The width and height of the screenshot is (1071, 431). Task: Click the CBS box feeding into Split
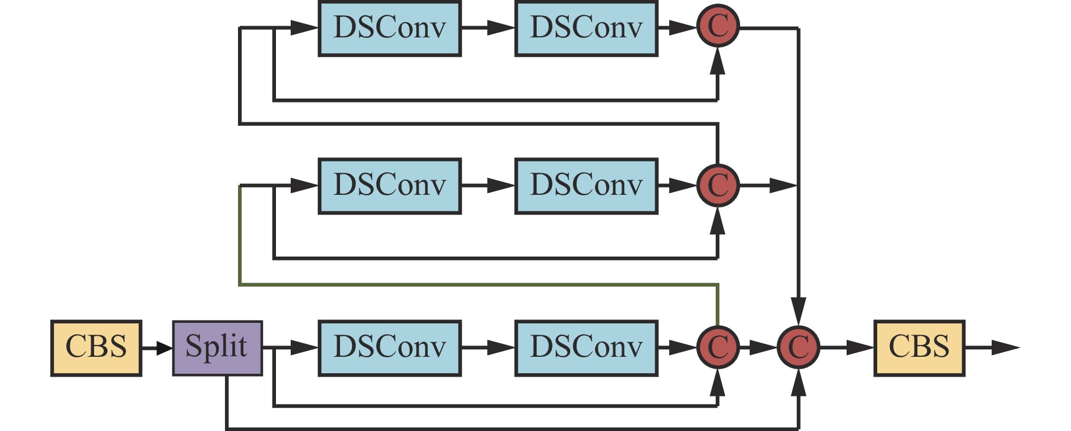tap(96, 348)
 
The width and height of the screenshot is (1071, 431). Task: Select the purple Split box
tap(217, 348)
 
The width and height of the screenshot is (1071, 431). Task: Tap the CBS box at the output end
tap(919, 348)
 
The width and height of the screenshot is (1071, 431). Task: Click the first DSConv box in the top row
tap(390, 28)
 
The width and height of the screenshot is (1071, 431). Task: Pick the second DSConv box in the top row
tap(586, 28)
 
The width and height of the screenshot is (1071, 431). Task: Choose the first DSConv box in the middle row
tap(390, 186)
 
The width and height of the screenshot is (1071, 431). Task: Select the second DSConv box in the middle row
tap(586, 186)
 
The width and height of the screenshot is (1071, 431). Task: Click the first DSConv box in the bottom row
tap(390, 348)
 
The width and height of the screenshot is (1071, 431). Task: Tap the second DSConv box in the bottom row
tap(586, 348)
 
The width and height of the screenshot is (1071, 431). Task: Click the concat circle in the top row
tap(718, 27)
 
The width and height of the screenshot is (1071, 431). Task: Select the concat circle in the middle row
tap(718, 185)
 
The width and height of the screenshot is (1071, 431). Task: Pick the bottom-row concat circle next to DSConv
tap(718, 347)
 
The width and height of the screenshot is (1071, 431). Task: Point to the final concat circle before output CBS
tap(798, 347)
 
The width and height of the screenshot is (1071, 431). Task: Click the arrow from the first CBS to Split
tap(157, 348)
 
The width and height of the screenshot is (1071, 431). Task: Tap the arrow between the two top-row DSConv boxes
tap(488, 28)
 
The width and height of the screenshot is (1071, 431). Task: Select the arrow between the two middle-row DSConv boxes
tap(488, 186)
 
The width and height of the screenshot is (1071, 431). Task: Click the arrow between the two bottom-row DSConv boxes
tap(488, 348)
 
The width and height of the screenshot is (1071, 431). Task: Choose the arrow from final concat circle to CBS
tap(847, 348)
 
